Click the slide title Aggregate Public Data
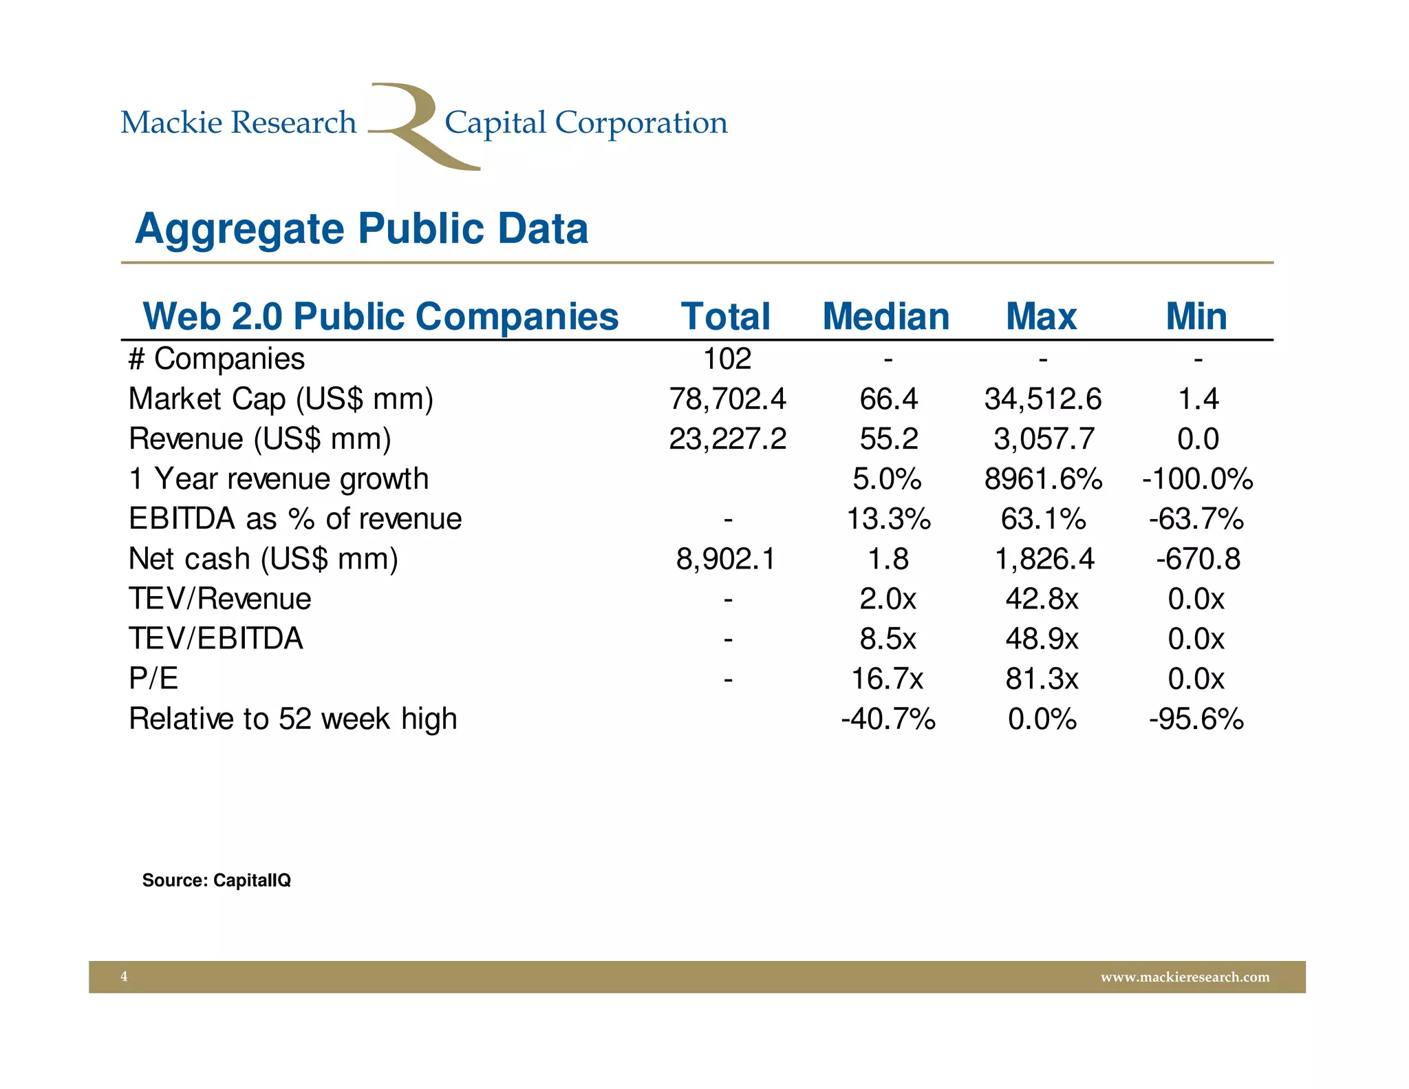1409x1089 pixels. (x=361, y=229)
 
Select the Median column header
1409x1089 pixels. (x=885, y=317)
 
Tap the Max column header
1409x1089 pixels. (x=1041, y=317)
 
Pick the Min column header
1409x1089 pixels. (x=1196, y=317)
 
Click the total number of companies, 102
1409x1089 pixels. (x=727, y=359)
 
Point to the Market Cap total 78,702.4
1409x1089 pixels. (x=727, y=399)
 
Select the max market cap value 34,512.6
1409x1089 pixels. (x=1042, y=399)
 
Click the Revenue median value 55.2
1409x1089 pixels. (x=888, y=439)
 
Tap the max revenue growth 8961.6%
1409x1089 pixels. (x=1043, y=479)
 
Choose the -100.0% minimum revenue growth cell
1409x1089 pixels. (x=1197, y=479)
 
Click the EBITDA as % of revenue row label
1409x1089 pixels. (x=295, y=519)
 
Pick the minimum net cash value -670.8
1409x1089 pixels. (x=1198, y=559)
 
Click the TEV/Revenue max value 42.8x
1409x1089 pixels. (x=1042, y=599)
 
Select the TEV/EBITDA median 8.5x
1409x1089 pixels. (x=888, y=639)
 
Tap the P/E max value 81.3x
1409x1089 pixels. (x=1042, y=679)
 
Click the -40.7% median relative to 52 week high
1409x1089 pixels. (x=888, y=719)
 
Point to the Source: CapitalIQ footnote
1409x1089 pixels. (x=216, y=880)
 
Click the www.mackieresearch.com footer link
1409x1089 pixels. (x=1185, y=977)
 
